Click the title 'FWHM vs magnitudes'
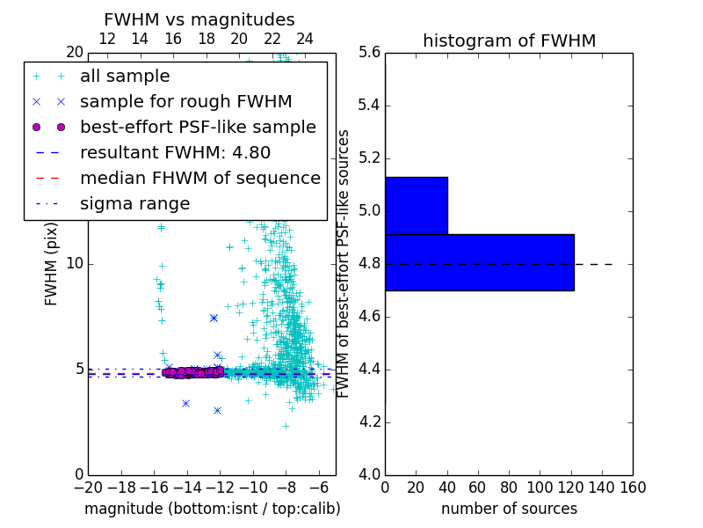tap(199, 19)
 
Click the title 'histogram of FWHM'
tap(509, 40)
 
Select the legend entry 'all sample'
tap(125, 77)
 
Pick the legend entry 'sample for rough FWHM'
tap(185, 101)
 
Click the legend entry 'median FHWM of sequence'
tap(199, 178)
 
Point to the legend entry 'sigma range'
tap(134, 203)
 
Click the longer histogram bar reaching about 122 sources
tap(479, 262)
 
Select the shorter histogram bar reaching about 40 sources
tap(417, 205)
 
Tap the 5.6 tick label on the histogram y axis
tap(369, 53)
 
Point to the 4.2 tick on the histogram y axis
tap(369, 422)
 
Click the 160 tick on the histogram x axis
tap(633, 488)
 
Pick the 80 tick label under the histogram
tap(509, 488)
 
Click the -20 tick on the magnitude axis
tap(88, 488)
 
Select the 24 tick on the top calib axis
tap(305, 39)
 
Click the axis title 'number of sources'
tap(509, 509)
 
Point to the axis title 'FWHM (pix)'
tap(52, 264)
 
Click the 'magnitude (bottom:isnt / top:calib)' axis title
tap(212, 509)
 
